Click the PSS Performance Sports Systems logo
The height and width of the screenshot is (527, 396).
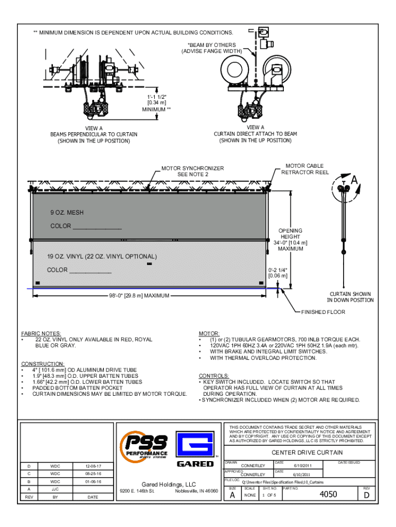coord(145,448)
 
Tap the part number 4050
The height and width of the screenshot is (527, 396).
coord(329,495)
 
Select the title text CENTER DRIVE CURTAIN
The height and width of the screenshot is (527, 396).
coord(307,452)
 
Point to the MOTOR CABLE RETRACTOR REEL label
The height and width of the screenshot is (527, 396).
coord(305,169)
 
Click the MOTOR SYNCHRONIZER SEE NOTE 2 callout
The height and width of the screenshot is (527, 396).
coord(193,171)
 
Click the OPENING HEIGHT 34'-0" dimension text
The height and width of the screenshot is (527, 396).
coord(291,240)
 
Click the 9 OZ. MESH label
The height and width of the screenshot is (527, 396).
coord(67,213)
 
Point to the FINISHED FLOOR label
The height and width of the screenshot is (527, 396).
coord(323,312)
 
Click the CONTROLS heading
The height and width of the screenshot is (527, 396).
coord(214,376)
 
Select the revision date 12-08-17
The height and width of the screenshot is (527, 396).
coord(93,466)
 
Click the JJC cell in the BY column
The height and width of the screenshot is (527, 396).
coord(55,489)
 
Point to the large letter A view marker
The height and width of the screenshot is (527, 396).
coord(354,180)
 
